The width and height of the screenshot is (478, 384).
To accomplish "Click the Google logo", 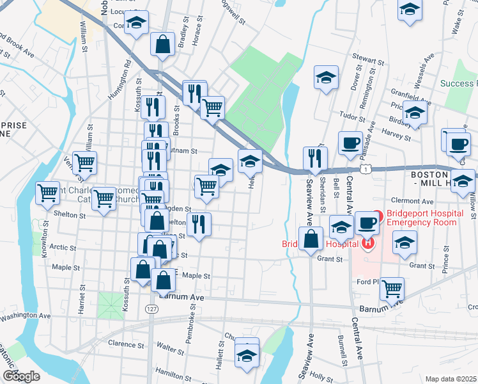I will click(21, 376).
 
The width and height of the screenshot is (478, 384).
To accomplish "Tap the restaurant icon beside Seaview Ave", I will click(315, 158).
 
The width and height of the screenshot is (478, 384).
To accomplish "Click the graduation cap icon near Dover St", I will click(326, 77).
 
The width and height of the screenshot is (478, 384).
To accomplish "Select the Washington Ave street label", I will click(26, 316).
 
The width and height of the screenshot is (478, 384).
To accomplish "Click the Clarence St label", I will click(122, 344).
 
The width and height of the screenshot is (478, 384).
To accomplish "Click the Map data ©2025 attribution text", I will click(451, 379).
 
